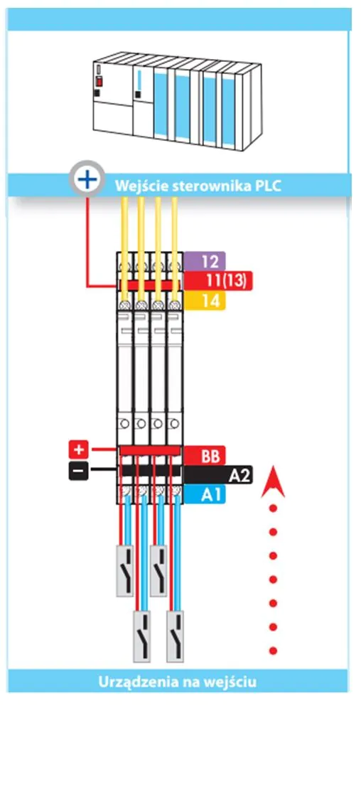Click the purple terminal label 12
[205, 261]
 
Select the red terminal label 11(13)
[218, 281]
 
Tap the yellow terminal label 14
[205, 300]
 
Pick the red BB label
[205, 455]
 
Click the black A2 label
[218, 474]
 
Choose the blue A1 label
[205, 495]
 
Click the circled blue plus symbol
[87, 178]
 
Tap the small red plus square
[78, 450]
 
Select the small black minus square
[78, 471]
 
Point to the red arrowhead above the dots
[273, 481]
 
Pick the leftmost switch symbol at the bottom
[125, 570]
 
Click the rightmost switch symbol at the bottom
[175, 636]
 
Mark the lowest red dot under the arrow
[273, 651]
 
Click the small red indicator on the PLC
[99, 81]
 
